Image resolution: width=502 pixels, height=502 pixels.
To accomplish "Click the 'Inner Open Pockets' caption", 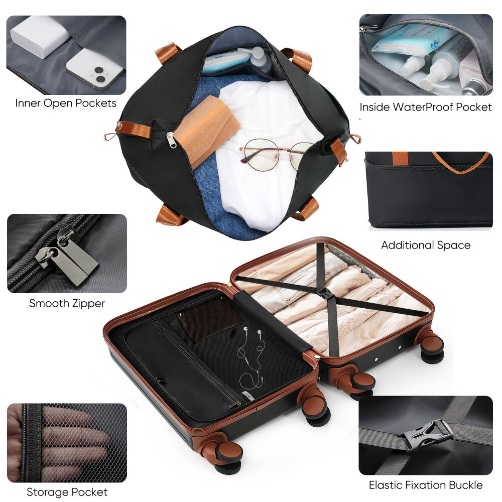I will click(x=66, y=103).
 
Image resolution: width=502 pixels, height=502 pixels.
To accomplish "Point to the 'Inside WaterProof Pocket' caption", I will click(x=425, y=107).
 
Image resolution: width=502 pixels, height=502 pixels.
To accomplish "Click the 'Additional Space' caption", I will click(x=425, y=245).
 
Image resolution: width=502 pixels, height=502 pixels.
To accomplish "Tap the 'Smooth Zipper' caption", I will click(x=67, y=303).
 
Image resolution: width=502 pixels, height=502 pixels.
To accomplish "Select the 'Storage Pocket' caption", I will click(x=67, y=492).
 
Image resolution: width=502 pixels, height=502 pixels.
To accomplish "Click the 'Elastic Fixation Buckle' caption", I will click(x=425, y=485).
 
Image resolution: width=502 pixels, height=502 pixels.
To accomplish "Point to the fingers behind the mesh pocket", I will click(x=75, y=442).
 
